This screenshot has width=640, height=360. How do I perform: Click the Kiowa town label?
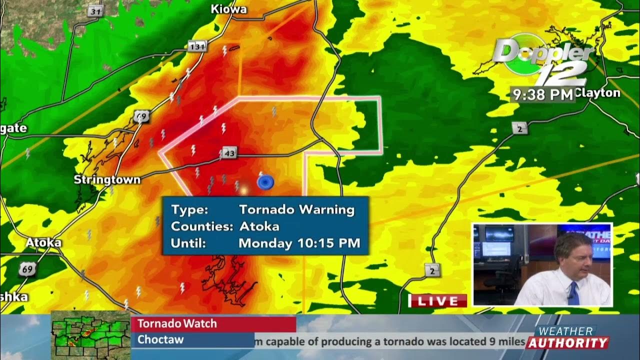[x=229, y=9]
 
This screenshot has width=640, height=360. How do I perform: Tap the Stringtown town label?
[x=107, y=179]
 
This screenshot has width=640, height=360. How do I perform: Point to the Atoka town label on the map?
[x=43, y=243]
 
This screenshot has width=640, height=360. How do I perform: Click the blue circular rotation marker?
[x=265, y=182]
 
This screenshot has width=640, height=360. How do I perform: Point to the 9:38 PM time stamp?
[x=541, y=94]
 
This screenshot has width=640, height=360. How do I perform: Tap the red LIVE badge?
[x=438, y=301]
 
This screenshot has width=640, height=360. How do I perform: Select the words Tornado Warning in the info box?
[x=296, y=209]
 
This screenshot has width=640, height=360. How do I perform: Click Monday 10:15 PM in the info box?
[x=299, y=243]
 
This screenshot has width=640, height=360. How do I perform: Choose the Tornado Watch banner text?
[x=177, y=323]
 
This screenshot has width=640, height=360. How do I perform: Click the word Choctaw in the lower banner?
[x=160, y=339]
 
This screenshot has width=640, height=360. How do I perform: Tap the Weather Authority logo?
[x=567, y=338]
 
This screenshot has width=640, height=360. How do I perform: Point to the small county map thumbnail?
[x=90, y=334]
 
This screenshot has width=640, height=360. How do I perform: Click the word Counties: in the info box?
[x=202, y=226]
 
